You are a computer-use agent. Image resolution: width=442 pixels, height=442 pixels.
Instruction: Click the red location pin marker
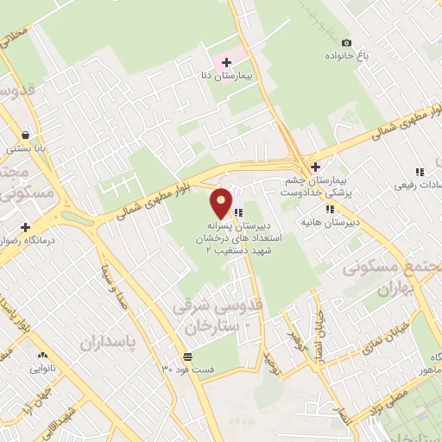coord(222,202)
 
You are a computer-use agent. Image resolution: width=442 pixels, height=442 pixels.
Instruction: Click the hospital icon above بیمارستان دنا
coord(226,63)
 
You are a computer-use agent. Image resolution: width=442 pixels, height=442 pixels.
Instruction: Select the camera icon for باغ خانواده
coord(347,43)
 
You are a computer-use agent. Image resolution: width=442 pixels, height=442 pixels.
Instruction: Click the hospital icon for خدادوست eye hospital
coord(316,167)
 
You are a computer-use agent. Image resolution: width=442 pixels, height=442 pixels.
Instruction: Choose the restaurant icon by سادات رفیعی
coord(420,172)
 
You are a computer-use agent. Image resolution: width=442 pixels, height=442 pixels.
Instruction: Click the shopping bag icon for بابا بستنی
coord(26,135)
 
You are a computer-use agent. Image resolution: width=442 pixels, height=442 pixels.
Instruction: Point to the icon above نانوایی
coord(41,355)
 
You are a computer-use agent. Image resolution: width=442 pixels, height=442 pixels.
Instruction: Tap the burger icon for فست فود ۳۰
coord(187,357)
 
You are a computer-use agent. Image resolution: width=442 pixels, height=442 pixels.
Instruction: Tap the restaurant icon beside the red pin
coord(237,212)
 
